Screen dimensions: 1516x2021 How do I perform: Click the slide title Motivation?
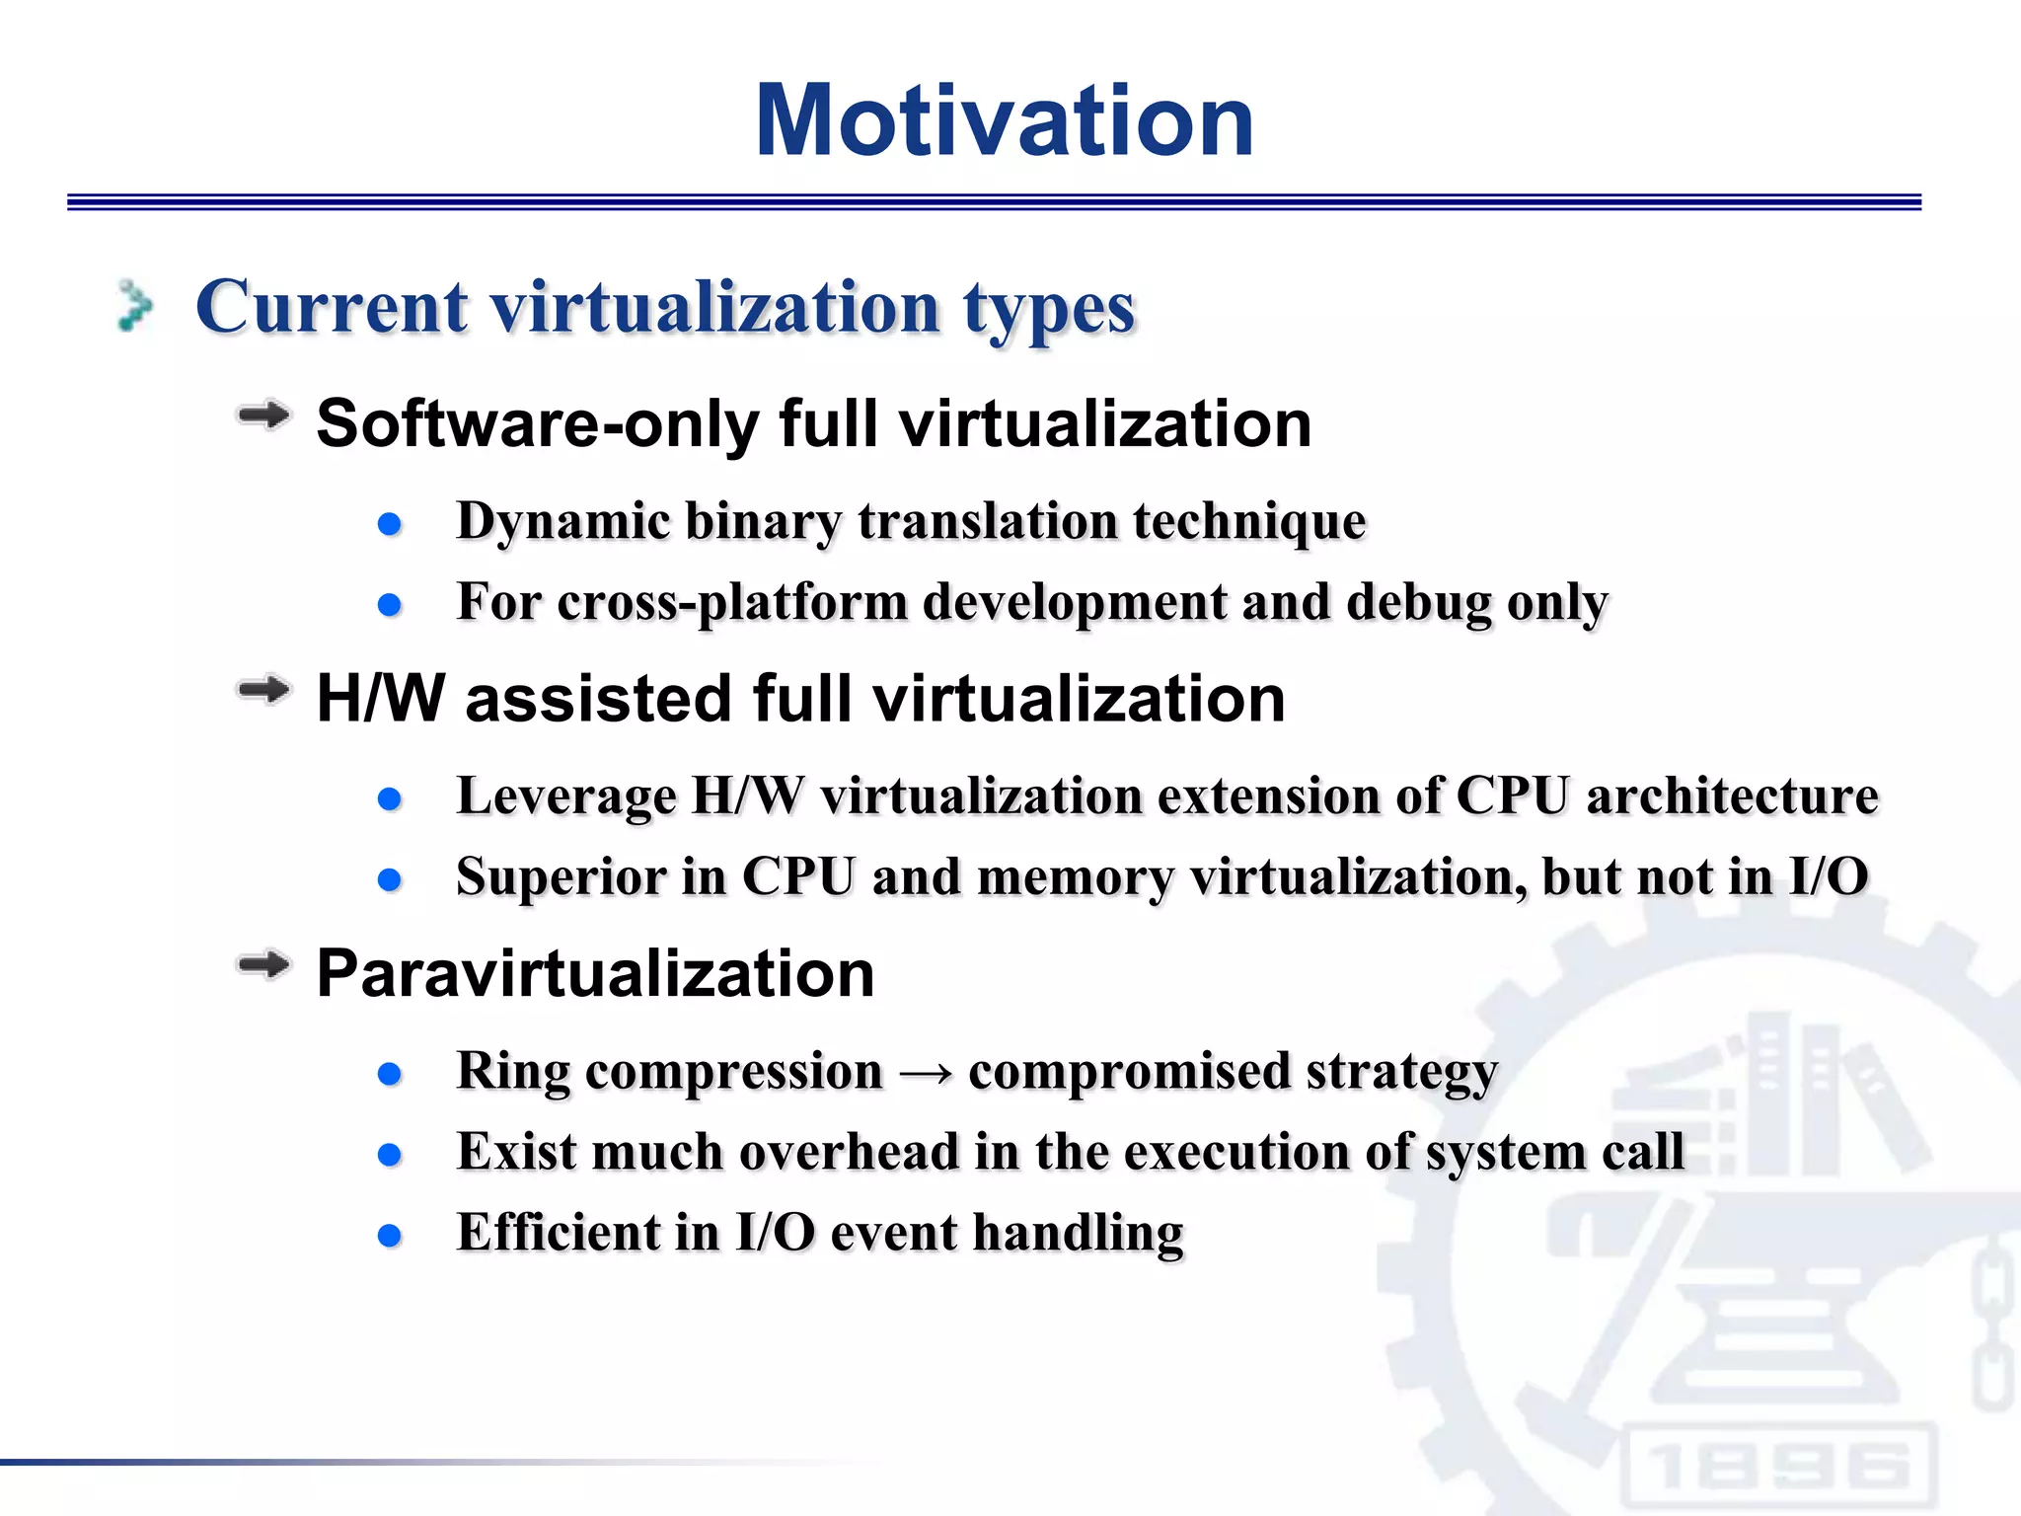[x=1004, y=120]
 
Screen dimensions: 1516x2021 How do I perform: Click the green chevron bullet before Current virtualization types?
[x=134, y=306]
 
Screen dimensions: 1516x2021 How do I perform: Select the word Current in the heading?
[x=332, y=307]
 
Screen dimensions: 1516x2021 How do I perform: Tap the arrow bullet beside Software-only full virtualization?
[x=263, y=416]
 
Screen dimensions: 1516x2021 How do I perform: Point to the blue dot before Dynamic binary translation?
[x=390, y=523]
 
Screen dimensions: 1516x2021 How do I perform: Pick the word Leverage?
[x=565, y=796]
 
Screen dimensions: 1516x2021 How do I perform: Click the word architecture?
[x=1731, y=796]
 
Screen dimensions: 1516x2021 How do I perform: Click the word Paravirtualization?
[x=595, y=974]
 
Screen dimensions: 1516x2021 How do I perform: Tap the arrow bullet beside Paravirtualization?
[x=263, y=964]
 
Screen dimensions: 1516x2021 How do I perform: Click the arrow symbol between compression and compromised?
[x=926, y=1073]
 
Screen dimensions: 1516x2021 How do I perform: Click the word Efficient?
[x=559, y=1233]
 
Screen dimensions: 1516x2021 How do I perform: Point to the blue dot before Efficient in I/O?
[x=390, y=1236]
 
